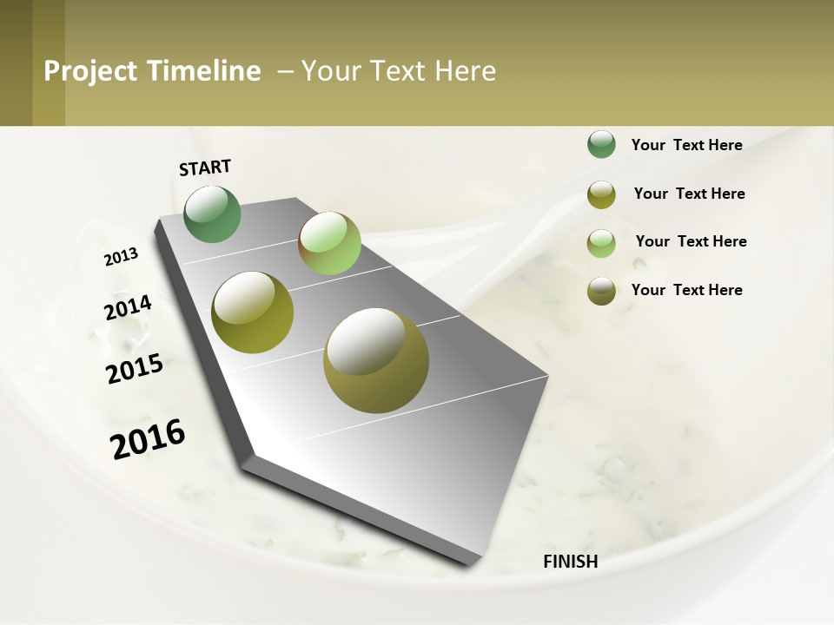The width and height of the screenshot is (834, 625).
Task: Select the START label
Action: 205,168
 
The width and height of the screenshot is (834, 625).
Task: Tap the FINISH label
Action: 571,562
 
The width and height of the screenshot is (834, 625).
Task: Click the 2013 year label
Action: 122,257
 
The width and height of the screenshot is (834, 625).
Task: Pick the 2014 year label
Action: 129,308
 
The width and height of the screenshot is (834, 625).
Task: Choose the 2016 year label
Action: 148,439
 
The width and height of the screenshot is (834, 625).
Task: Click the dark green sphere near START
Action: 213,214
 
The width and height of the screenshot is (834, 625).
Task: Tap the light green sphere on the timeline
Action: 329,243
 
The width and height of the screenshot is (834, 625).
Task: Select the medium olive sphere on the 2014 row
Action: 253,312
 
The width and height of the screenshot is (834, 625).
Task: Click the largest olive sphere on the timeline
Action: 376,360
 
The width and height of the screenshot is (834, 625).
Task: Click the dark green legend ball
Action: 601,144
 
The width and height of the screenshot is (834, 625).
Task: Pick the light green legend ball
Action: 601,243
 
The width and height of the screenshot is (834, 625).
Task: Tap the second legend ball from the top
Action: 601,194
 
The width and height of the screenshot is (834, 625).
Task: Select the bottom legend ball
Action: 601,291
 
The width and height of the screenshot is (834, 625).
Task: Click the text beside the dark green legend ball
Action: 686,146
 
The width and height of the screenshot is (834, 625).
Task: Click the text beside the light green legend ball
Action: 691,241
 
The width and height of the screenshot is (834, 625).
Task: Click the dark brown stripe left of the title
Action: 16,62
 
